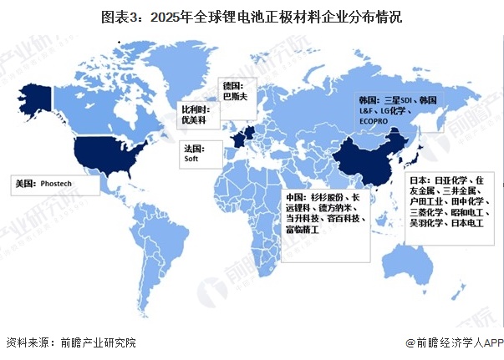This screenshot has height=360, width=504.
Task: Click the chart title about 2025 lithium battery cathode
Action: pos(252,16)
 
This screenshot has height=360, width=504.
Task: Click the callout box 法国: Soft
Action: pos(199,155)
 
